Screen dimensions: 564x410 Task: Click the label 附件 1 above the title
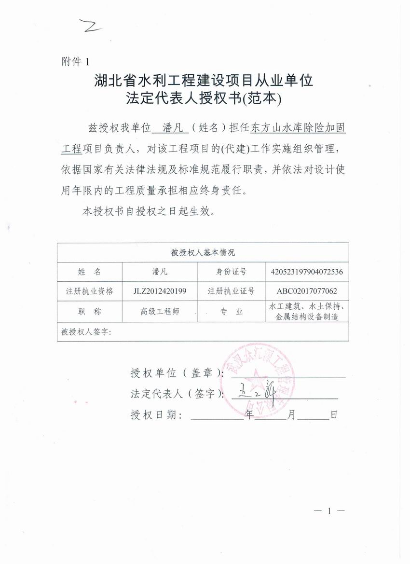tap(76, 61)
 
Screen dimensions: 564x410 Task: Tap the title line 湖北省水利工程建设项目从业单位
tap(204, 80)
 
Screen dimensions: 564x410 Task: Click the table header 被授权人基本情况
tap(203, 252)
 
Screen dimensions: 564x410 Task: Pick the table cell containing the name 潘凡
tap(160, 272)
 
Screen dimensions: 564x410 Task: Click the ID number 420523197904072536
tap(307, 272)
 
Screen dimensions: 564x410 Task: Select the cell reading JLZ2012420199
tap(160, 291)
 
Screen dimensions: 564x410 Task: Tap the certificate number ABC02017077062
tap(307, 291)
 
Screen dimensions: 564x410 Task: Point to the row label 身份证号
tap(231, 272)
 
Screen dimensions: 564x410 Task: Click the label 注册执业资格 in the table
tap(90, 291)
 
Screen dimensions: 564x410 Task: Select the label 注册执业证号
tap(231, 291)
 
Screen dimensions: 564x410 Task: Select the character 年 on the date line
tap(249, 414)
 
